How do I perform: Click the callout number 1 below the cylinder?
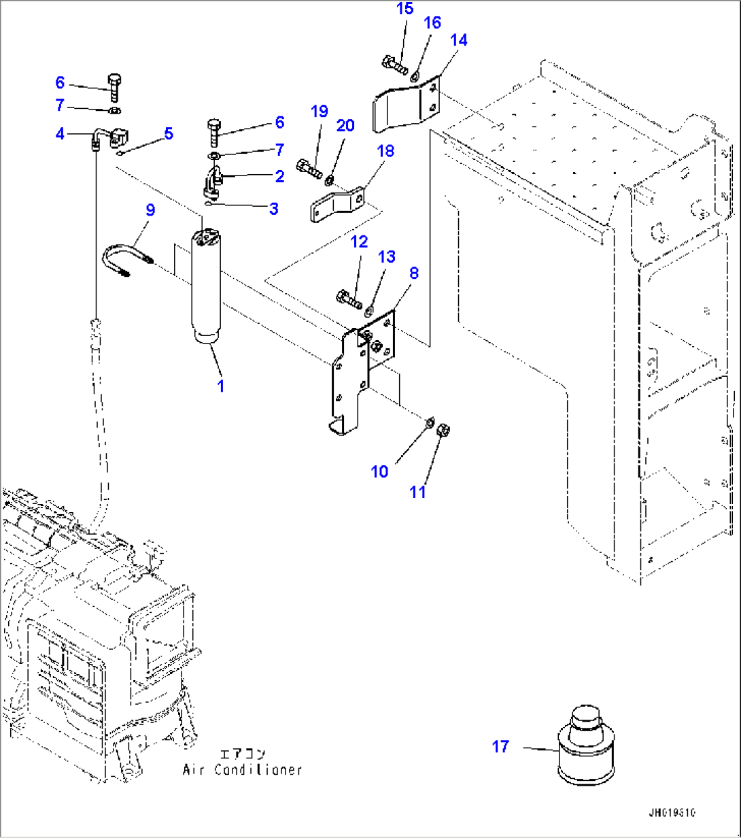coord(220,386)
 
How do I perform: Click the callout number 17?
coord(500,747)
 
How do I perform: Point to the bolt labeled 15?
coord(394,66)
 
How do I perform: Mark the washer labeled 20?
coord(329,181)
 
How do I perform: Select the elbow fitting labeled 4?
coord(105,140)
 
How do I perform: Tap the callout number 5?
coord(169,133)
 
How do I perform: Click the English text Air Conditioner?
coord(242,770)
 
